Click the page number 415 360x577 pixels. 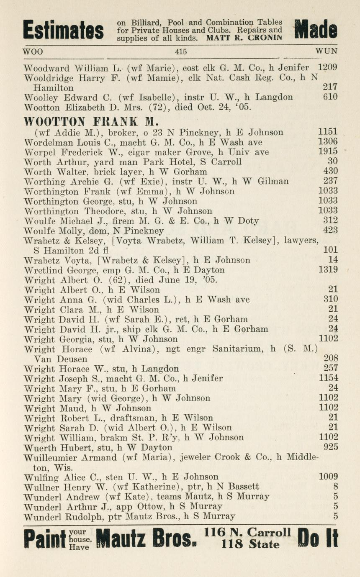[181, 52]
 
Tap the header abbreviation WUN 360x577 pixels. [326, 52]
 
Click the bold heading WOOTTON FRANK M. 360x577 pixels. [90, 122]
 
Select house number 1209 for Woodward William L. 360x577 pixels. [328, 68]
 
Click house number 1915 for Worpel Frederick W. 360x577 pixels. [328, 152]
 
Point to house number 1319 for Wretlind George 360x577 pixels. [328, 270]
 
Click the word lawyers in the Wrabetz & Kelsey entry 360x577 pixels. [301, 240]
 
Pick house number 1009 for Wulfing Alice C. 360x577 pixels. [328, 477]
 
